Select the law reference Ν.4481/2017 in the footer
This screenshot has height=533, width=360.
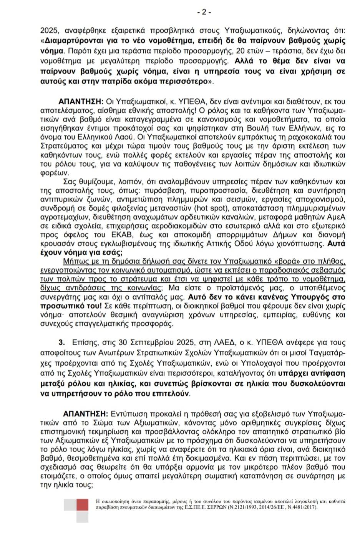click(298, 507)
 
